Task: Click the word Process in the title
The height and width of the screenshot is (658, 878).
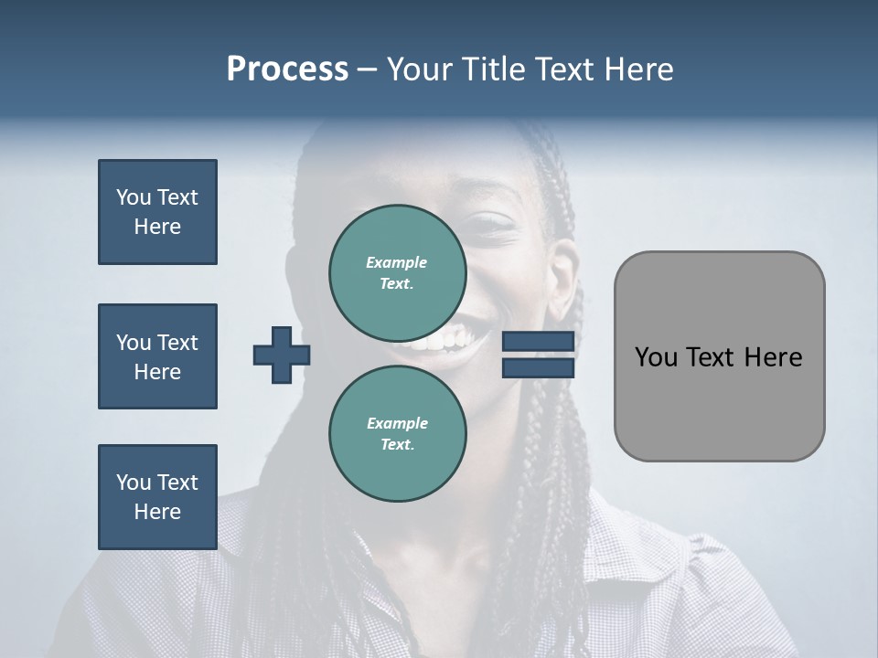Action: click(x=287, y=69)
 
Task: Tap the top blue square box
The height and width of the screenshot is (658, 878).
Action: click(x=157, y=212)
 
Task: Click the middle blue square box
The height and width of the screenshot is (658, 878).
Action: click(x=157, y=356)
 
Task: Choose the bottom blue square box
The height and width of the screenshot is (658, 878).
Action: click(x=157, y=497)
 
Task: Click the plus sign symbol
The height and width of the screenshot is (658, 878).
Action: click(x=282, y=356)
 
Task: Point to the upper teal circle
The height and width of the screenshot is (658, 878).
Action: click(x=397, y=273)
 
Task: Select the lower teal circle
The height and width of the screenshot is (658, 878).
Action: click(x=397, y=434)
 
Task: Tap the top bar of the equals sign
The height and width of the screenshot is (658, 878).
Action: click(x=538, y=342)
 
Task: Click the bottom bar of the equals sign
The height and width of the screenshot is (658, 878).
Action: click(x=538, y=367)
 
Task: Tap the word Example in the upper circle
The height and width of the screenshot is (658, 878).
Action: click(x=397, y=262)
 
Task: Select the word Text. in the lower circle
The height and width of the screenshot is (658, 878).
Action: click(x=397, y=445)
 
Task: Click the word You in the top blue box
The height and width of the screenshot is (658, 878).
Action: click(x=134, y=197)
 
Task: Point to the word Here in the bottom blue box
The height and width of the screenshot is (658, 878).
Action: click(x=157, y=512)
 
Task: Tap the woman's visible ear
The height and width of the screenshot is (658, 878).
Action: click(x=562, y=274)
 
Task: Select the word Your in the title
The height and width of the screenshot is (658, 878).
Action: click(x=422, y=69)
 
